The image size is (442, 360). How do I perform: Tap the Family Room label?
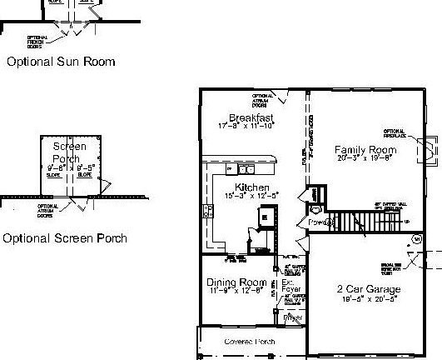[365, 150]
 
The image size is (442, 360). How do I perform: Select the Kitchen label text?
[252, 187]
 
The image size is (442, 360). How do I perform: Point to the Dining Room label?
[236, 282]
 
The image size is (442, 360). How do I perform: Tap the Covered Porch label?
[250, 342]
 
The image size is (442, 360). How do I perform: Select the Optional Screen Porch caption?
[65, 238]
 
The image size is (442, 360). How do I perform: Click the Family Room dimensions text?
[365, 158]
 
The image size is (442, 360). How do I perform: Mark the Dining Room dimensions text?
[236, 291]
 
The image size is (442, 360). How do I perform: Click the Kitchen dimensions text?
[252, 195]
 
